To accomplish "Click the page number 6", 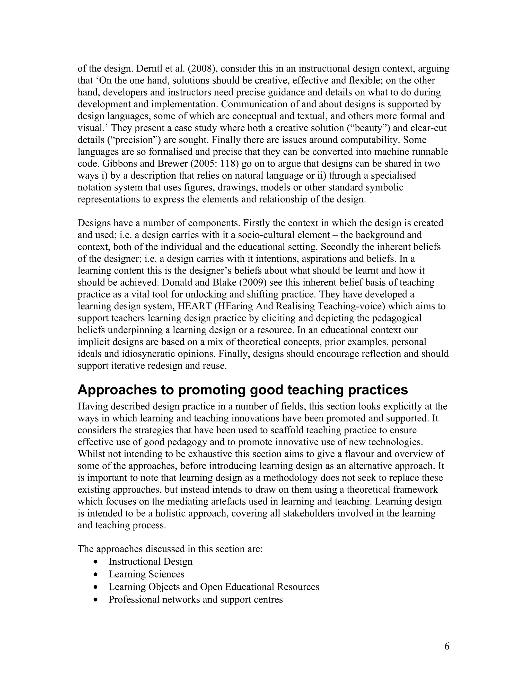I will tap(446, 647).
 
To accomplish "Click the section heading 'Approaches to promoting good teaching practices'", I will tap(243, 390).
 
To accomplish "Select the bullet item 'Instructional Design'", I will tap(151, 562).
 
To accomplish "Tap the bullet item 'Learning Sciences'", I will tap(146, 574).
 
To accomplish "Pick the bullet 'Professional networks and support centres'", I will tap(196, 600).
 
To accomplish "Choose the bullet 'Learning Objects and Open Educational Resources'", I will tap(214, 587).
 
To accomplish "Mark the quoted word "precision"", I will tap(134, 140).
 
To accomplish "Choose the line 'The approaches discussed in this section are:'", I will tap(170, 549).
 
